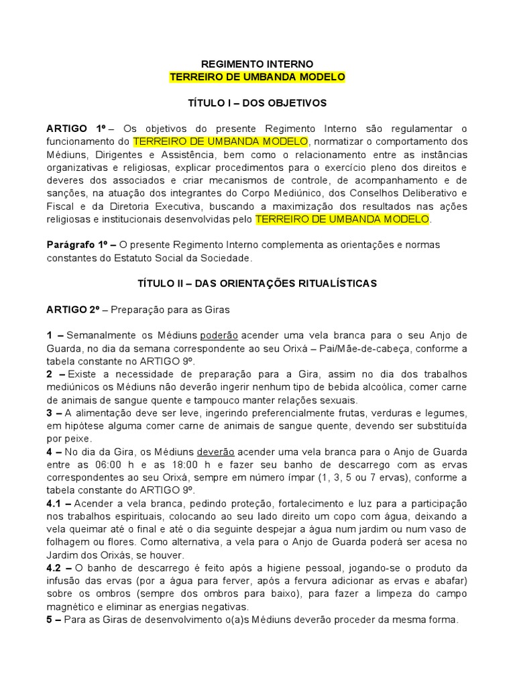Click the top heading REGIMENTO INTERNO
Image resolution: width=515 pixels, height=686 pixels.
click(257, 64)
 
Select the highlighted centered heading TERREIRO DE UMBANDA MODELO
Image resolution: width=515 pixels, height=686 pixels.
click(257, 77)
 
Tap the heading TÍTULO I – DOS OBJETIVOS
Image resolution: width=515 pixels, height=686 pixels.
click(257, 103)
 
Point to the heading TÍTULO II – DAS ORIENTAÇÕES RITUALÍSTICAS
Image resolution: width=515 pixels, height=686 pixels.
click(257, 283)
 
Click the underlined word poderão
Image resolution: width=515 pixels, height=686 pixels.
click(220, 336)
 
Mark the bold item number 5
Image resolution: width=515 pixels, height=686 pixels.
click(50, 620)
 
